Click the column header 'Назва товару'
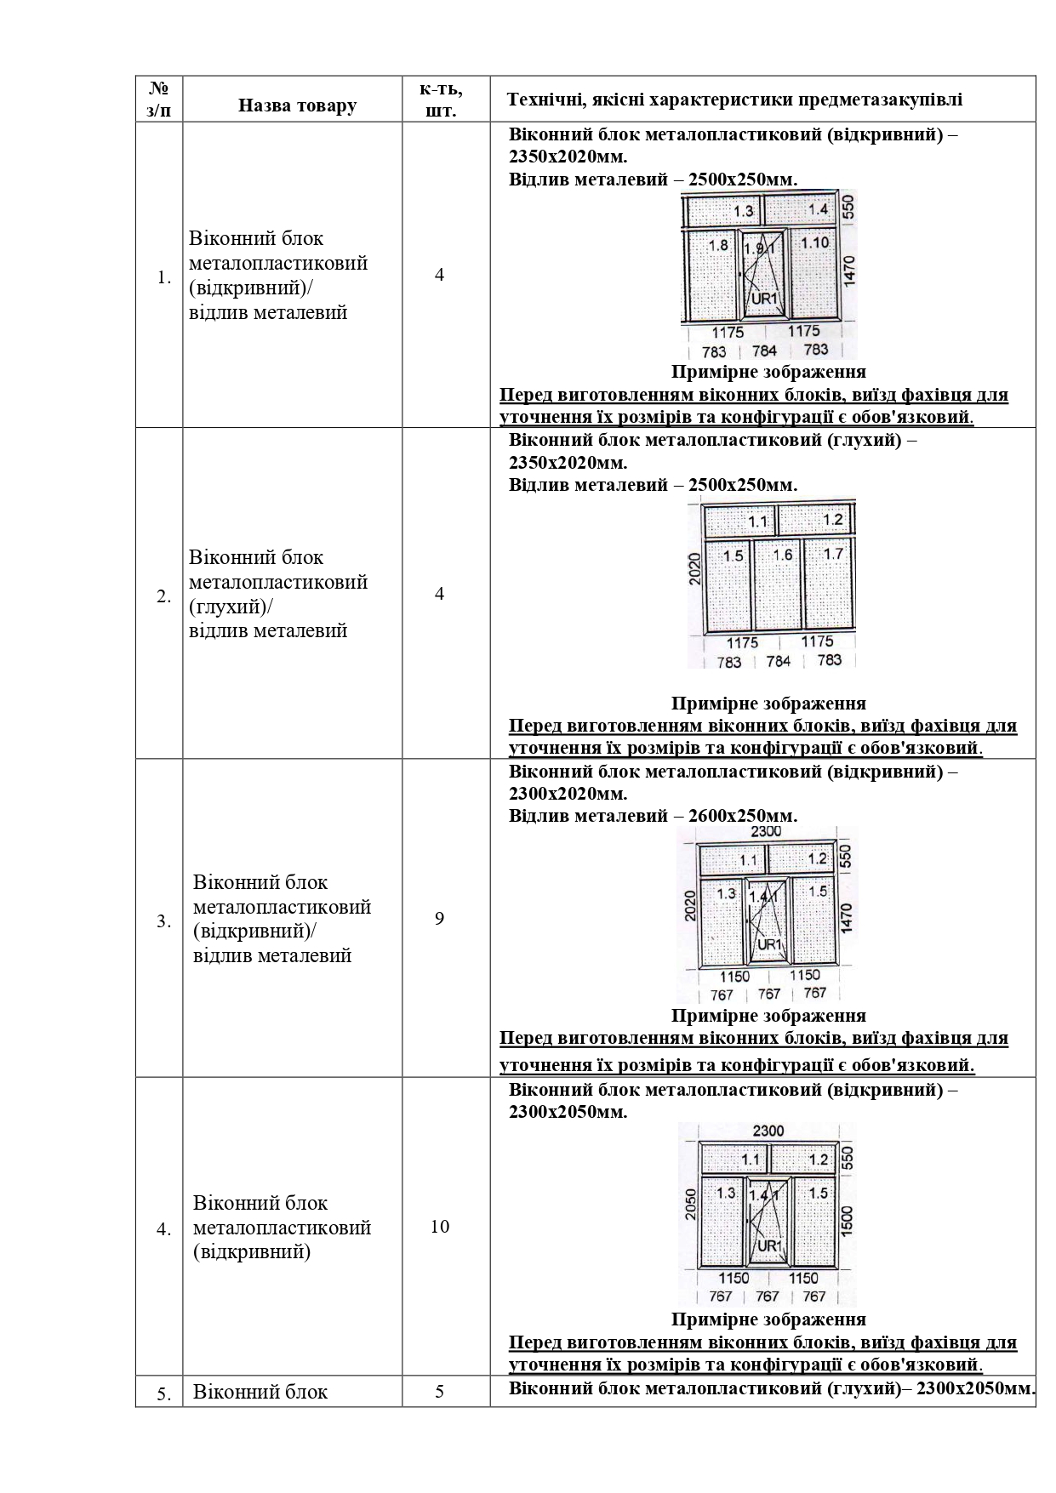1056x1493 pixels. pos(297,105)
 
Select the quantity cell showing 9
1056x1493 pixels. pos(439,919)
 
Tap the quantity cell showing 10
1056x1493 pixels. pos(440,1227)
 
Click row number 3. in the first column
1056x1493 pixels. pos(163,921)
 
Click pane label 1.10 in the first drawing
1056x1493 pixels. pos(814,243)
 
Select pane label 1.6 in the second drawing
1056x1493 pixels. pos(782,555)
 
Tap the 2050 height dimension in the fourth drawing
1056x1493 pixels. pos(691,1204)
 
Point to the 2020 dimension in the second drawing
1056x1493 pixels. pos(694,568)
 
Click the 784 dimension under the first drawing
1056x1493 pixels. pos(764,350)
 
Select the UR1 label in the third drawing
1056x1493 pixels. pos(769,944)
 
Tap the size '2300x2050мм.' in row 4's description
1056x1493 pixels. pos(568,1112)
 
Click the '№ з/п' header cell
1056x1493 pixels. pos(159,99)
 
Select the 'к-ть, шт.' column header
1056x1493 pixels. pos(441,99)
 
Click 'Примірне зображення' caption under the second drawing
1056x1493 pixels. pos(768,704)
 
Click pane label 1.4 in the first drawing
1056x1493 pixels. pos(818,209)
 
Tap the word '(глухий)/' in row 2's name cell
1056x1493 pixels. pos(231,607)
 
